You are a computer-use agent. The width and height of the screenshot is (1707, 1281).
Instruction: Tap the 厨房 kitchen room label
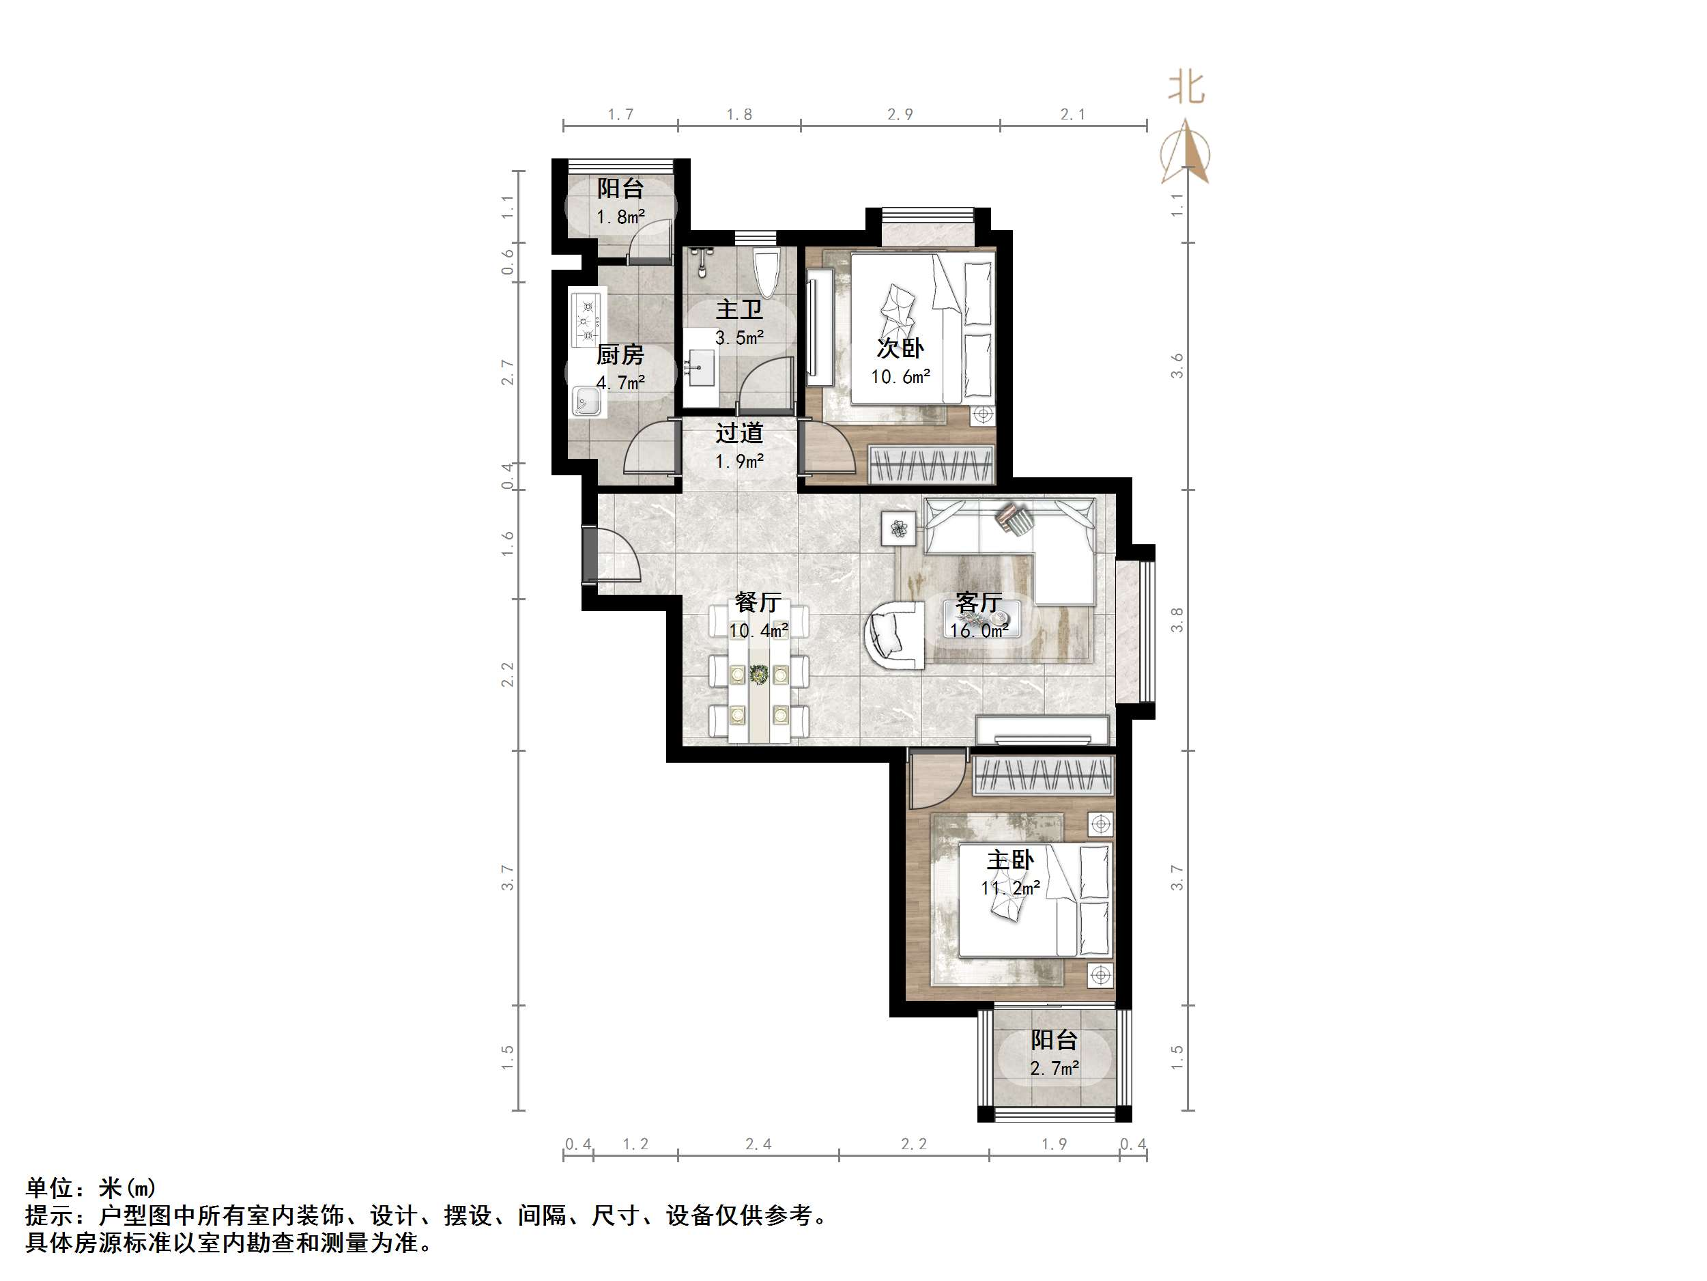(620, 355)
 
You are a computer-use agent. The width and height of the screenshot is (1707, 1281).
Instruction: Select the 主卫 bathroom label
(738, 309)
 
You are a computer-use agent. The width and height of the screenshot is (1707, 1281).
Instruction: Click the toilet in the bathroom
(767, 272)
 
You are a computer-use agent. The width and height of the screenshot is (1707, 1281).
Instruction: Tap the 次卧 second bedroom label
(900, 348)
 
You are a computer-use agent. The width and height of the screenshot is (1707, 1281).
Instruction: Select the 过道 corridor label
(738, 433)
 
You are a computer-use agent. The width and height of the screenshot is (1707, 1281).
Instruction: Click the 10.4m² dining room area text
(758, 631)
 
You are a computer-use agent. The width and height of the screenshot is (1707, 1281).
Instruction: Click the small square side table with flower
(899, 530)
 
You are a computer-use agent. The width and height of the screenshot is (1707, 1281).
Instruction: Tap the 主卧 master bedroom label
(1010, 860)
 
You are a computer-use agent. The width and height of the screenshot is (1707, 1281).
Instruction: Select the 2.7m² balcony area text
(1054, 1069)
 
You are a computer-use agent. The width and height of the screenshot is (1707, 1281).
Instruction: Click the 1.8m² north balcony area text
(620, 217)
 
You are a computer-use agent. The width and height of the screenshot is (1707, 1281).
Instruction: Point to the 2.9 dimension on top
(900, 114)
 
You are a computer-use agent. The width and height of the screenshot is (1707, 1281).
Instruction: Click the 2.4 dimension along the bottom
(758, 1144)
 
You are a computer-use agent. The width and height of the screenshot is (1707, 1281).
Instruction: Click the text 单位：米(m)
(91, 1187)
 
